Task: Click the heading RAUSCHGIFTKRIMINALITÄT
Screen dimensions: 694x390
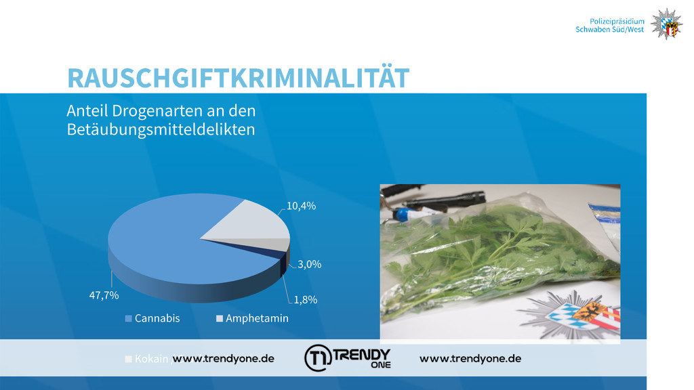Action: click(x=238, y=78)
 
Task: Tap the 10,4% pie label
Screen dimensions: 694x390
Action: click(x=301, y=206)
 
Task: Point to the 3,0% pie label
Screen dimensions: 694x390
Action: click(x=309, y=264)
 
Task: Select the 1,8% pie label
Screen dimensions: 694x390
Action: click(x=306, y=299)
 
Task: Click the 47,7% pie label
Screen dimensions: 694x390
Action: click(x=104, y=295)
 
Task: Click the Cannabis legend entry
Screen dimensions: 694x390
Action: click(x=152, y=318)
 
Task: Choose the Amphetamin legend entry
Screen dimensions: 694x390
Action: click(x=252, y=318)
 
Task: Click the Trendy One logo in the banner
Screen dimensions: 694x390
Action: click(x=348, y=357)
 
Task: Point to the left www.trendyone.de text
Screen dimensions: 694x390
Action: click(x=223, y=359)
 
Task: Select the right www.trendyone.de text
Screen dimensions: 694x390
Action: click(x=470, y=359)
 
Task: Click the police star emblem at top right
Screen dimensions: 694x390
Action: click(x=667, y=24)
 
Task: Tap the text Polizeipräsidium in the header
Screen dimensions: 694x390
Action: click(x=617, y=21)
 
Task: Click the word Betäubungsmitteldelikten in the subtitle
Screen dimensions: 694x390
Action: click(x=161, y=129)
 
